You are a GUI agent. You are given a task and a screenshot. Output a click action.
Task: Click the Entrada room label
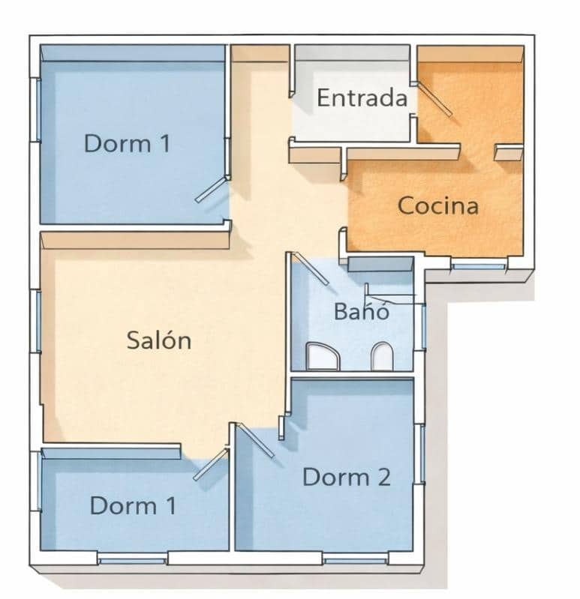point(362,98)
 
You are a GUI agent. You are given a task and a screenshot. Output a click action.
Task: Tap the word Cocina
point(437,205)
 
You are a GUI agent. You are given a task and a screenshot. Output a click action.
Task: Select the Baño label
point(362,310)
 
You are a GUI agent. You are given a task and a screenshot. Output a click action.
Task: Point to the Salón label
point(158,340)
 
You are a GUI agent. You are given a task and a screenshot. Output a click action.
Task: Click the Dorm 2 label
point(346,478)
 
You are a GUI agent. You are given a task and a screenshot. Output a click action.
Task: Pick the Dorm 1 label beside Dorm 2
point(133,506)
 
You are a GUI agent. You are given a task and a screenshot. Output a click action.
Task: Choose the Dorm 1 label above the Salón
point(127,143)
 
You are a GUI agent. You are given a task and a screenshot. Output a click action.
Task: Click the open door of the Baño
point(311,268)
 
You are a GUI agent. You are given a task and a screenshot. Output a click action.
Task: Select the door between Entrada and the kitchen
point(434,99)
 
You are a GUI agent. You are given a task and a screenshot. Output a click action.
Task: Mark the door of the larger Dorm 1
point(211,190)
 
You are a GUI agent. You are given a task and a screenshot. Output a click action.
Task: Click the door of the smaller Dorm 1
point(210,465)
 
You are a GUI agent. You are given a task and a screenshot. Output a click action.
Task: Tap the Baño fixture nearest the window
point(382,357)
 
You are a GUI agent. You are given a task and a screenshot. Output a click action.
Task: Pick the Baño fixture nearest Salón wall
point(323,357)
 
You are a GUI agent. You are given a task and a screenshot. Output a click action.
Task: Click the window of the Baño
point(423,326)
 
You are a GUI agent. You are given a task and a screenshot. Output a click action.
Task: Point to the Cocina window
point(478,265)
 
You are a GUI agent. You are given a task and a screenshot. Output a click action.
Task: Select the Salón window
point(36,320)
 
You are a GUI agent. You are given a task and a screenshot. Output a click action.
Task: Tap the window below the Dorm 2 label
point(355,560)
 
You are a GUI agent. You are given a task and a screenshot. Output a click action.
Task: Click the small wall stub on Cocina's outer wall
point(509,153)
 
